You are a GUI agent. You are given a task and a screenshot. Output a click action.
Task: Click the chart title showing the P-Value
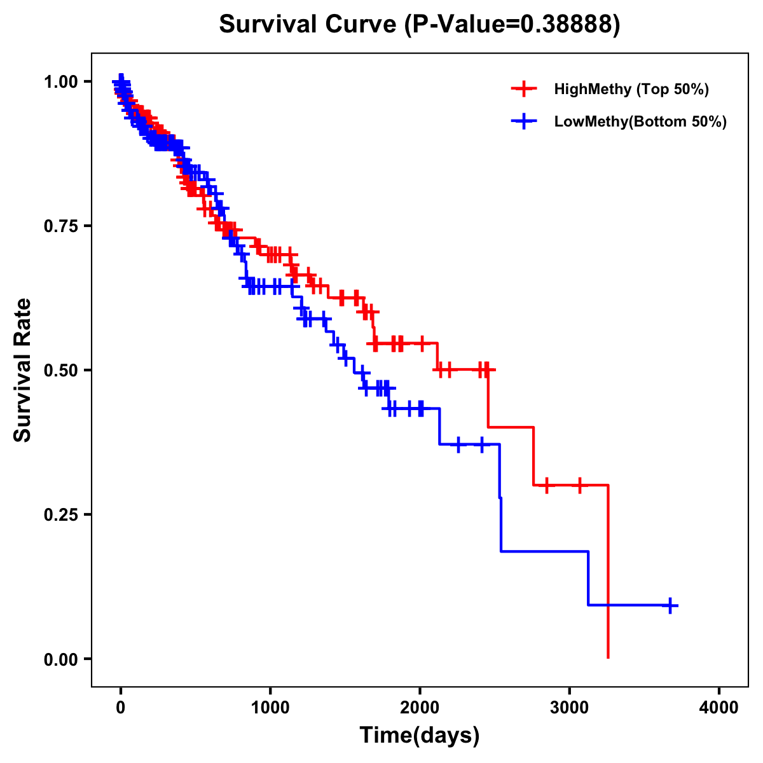[419, 24]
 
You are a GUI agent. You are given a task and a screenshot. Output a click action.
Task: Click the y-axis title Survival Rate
[23, 369]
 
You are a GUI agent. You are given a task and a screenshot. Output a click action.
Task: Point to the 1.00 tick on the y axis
[60, 81]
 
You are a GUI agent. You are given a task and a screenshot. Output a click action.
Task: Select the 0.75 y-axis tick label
[60, 226]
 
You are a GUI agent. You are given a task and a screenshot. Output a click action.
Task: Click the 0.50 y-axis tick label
[60, 370]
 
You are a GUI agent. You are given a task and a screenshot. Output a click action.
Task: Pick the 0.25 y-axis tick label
[60, 514]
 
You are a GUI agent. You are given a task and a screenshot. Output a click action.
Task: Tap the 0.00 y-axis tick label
[60, 659]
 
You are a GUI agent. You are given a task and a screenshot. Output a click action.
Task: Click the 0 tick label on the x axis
[120, 708]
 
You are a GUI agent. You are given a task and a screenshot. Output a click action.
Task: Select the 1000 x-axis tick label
[270, 708]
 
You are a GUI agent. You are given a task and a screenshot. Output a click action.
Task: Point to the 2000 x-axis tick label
[420, 708]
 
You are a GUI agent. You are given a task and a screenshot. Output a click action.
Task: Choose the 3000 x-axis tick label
[570, 708]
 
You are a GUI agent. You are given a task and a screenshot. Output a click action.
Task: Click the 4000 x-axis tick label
[719, 708]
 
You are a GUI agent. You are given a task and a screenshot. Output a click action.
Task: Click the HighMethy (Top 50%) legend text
[631, 89]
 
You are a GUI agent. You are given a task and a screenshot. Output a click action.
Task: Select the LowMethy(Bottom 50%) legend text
[640, 121]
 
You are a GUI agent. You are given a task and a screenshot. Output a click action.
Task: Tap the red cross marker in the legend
[524, 89]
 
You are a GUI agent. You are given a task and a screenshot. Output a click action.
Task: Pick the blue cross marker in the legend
[524, 121]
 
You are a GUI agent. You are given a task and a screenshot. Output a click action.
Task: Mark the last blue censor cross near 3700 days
[670, 605]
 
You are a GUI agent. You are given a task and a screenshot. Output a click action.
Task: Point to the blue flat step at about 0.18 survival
[544, 551]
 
